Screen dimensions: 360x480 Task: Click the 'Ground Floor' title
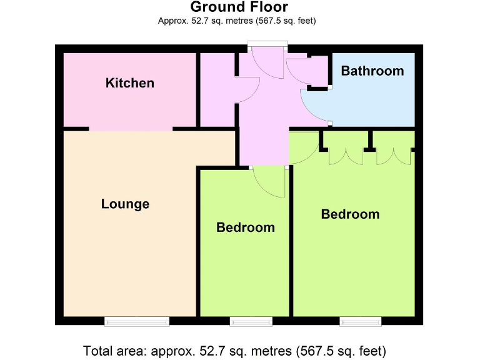pos(239,7)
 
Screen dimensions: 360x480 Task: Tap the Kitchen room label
pos(130,82)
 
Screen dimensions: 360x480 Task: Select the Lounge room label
pos(125,204)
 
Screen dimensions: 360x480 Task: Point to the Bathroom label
pos(372,71)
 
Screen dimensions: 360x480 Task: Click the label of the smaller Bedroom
pos(245,227)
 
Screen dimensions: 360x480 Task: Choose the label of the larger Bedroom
pos(350,214)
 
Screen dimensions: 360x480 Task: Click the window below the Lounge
pos(137,321)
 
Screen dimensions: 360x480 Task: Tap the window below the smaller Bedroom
pos(251,321)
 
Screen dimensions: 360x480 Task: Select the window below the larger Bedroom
pos(361,321)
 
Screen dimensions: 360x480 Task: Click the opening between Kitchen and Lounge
pos(131,129)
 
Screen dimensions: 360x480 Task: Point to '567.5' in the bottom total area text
pos(317,350)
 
